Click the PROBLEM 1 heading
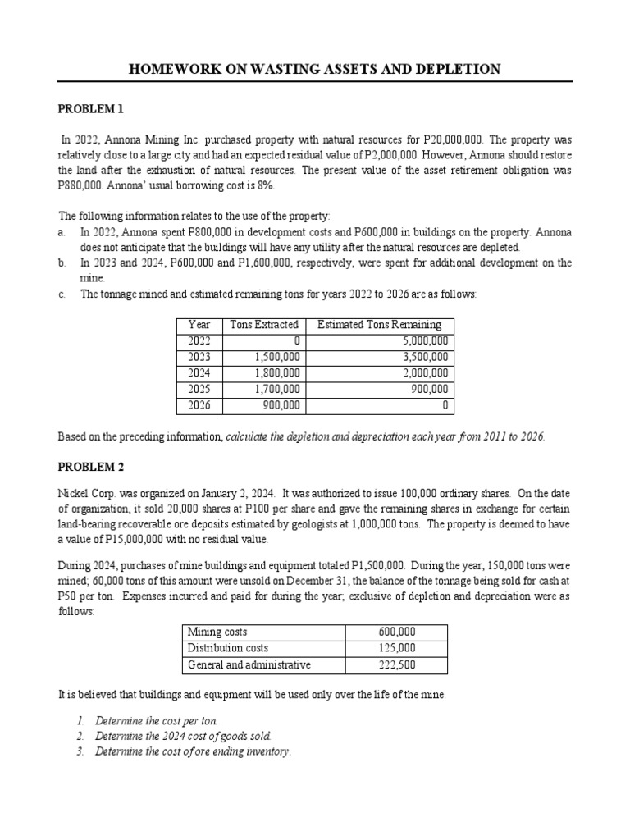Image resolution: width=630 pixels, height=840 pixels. tap(90, 108)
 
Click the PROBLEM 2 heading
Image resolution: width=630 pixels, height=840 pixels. tap(90, 468)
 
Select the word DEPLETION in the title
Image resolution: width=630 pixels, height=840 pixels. tap(459, 69)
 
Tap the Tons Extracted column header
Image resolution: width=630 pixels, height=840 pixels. tap(264, 325)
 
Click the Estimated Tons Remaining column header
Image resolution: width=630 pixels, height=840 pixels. tap(379, 325)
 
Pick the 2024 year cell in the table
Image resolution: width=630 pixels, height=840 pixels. tap(199, 373)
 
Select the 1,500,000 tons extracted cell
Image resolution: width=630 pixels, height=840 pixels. tap(276, 357)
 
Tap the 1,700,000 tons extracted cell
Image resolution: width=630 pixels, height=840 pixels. tap(276, 389)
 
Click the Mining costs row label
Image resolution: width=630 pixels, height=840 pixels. tap(217, 632)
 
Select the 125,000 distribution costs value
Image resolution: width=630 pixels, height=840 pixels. tap(397, 648)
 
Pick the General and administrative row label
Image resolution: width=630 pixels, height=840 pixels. tap(249, 664)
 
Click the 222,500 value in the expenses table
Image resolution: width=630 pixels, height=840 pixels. tap(397, 664)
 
